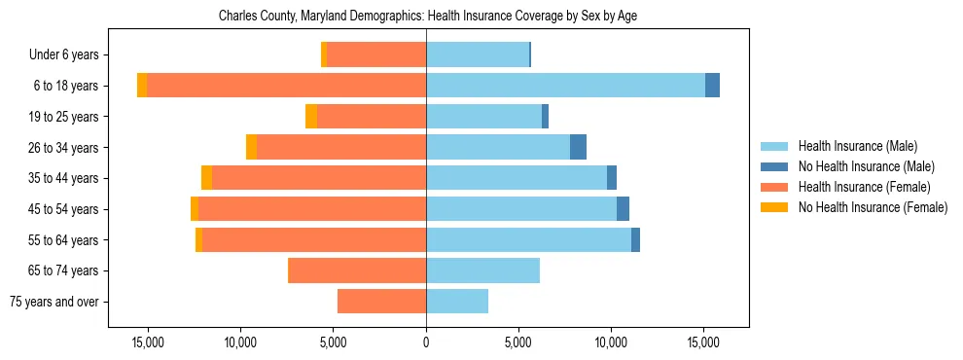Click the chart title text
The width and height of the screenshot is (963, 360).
428,17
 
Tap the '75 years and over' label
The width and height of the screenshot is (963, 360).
53,302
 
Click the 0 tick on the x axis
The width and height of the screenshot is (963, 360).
426,342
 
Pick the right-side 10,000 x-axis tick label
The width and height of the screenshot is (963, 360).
611,342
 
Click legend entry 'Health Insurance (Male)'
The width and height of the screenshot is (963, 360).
858,146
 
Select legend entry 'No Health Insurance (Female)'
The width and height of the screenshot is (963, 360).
873,207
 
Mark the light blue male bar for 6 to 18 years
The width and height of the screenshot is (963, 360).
565,86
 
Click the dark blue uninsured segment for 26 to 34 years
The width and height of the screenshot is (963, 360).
578,147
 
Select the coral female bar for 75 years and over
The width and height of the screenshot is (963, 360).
381,302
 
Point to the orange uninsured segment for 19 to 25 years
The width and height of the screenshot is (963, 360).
311,117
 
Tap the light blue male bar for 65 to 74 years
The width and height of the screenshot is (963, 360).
482,270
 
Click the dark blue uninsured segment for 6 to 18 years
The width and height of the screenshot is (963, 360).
712,86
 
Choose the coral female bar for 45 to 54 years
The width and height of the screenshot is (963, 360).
312,209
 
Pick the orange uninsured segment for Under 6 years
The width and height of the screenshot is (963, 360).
324,54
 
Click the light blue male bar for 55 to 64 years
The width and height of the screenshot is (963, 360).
528,239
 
